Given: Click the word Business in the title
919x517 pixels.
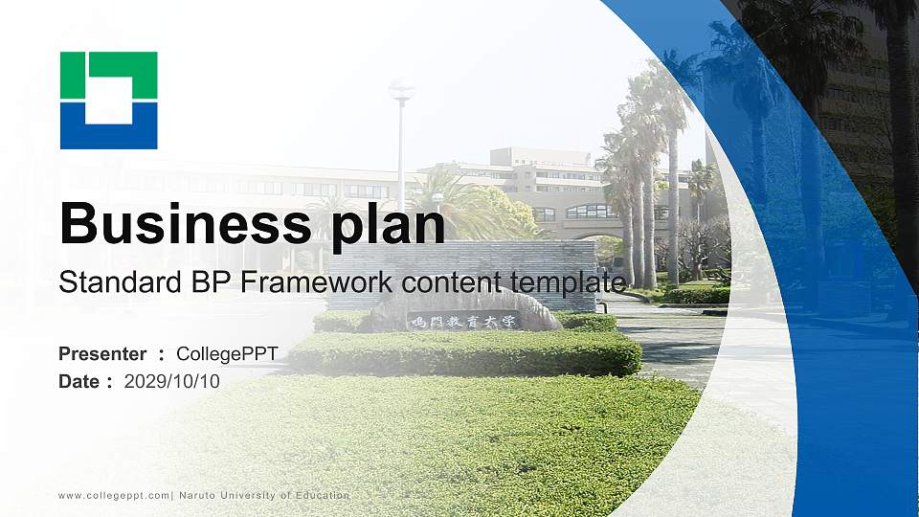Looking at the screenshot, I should [x=181, y=223].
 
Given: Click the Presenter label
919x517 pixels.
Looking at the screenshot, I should [x=102, y=354].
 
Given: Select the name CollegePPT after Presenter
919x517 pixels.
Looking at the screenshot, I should [x=227, y=354].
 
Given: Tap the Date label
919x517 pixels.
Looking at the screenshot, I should [x=79, y=381].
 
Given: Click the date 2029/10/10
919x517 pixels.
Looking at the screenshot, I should [x=172, y=381].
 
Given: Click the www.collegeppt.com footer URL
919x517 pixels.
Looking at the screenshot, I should [x=114, y=495].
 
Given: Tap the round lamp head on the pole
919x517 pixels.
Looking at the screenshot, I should [x=401, y=92].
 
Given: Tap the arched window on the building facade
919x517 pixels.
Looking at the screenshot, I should [x=592, y=212].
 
